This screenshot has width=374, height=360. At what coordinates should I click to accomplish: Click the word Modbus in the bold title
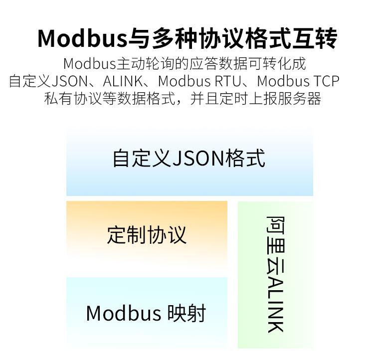pos(82,38)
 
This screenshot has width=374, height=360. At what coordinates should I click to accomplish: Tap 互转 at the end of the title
pos(314,38)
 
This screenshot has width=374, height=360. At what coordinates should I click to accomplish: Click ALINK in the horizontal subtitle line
pos(123,81)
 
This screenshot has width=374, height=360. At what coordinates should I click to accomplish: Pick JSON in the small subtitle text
pos(70,81)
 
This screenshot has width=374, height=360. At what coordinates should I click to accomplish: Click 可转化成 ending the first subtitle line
pos(277,64)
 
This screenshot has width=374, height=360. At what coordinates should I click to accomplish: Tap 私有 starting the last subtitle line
pos(58,99)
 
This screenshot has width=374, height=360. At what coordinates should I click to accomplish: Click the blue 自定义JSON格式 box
pos(189,162)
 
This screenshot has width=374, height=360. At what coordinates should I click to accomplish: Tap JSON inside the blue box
pos(198,158)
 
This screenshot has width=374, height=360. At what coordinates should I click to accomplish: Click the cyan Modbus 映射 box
pos(147,313)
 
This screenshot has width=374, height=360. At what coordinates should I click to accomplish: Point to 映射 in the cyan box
pos(187,313)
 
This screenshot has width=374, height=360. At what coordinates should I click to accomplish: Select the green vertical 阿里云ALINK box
pos(275,275)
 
